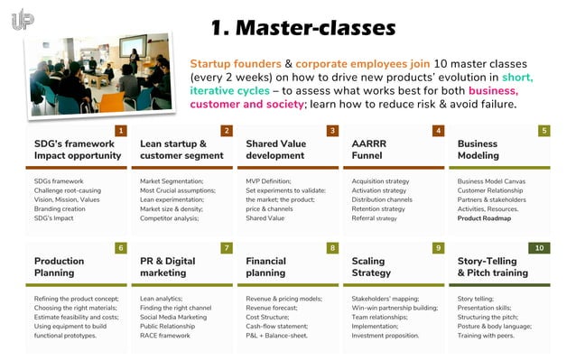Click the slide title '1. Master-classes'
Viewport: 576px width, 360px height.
pyautogui.click(x=302, y=28)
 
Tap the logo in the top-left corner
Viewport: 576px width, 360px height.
pyautogui.click(x=23, y=19)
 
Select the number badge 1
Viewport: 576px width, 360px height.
pyautogui.click(x=120, y=131)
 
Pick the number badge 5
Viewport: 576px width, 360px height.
pyautogui.click(x=543, y=131)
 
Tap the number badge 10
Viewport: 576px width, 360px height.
pyautogui.click(x=538, y=248)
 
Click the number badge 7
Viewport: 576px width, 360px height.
pyautogui.click(x=226, y=248)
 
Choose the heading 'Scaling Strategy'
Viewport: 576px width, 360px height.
pyautogui.click(x=372, y=266)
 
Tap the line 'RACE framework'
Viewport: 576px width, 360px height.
pyautogui.click(x=165, y=335)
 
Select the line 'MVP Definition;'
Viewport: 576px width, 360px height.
pyautogui.click(x=268, y=181)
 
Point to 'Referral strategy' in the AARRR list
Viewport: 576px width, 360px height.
pyautogui.click(x=374, y=217)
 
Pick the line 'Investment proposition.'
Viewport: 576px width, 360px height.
pyautogui.click(x=386, y=335)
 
